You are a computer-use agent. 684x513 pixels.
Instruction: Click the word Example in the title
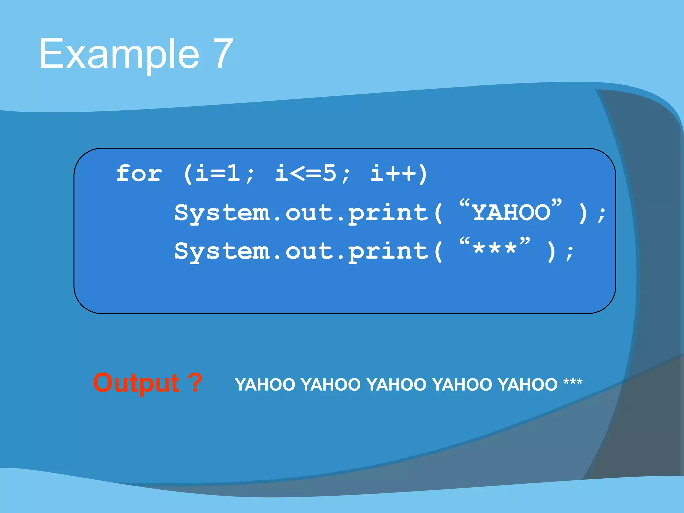point(119,54)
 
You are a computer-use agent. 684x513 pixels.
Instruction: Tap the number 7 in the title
point(219,54)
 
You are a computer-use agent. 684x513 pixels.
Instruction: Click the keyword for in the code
point(139,174)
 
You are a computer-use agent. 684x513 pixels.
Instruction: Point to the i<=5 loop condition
point(305,174)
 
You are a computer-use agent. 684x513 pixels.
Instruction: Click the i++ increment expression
point(394,174)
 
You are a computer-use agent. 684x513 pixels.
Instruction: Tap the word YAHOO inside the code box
point(511,213)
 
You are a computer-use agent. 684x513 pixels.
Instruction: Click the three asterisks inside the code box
point(495,250)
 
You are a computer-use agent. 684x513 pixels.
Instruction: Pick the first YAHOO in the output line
point(265,385)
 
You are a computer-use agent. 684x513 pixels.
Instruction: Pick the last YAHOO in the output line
point(528,385)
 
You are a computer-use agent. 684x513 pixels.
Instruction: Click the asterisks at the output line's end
point(573,382)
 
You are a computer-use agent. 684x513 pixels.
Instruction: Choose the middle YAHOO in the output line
point(396,385)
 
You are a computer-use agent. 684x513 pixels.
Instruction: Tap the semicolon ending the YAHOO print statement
point(602,215)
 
